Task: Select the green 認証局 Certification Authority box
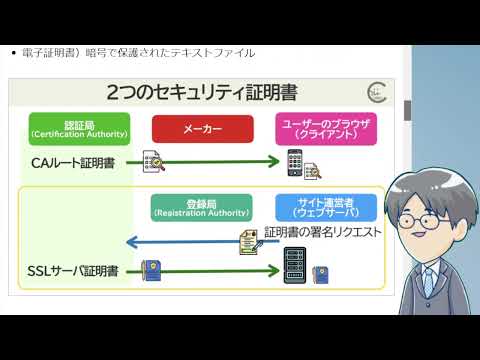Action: [79, 129]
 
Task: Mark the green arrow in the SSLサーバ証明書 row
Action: [224, 270]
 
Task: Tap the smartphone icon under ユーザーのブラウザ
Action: [295, 161]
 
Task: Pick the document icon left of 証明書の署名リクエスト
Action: [248, 240]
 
